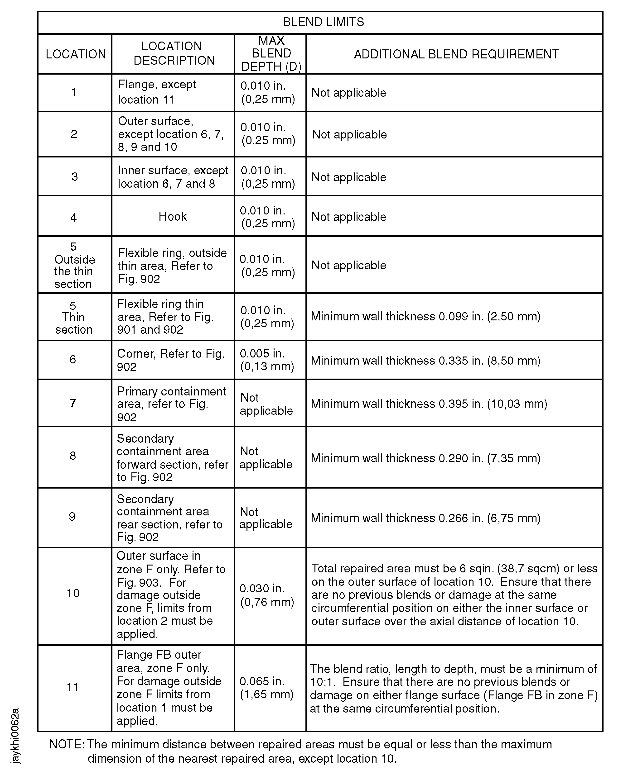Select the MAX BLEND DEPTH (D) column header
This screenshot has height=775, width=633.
(x=271, y=54)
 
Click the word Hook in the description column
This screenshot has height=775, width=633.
(x=173, y=216)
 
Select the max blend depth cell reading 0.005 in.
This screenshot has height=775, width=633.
(x=267, y=360)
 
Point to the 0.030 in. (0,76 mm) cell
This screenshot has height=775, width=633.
(x=267, y=595)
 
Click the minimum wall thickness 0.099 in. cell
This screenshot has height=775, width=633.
(x=425, y=316)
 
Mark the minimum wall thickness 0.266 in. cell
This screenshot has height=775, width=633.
(x=425, y=518)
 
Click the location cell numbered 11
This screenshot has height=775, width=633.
(x=73, y=687)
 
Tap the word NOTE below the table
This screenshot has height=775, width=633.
(x=66, y=744)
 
